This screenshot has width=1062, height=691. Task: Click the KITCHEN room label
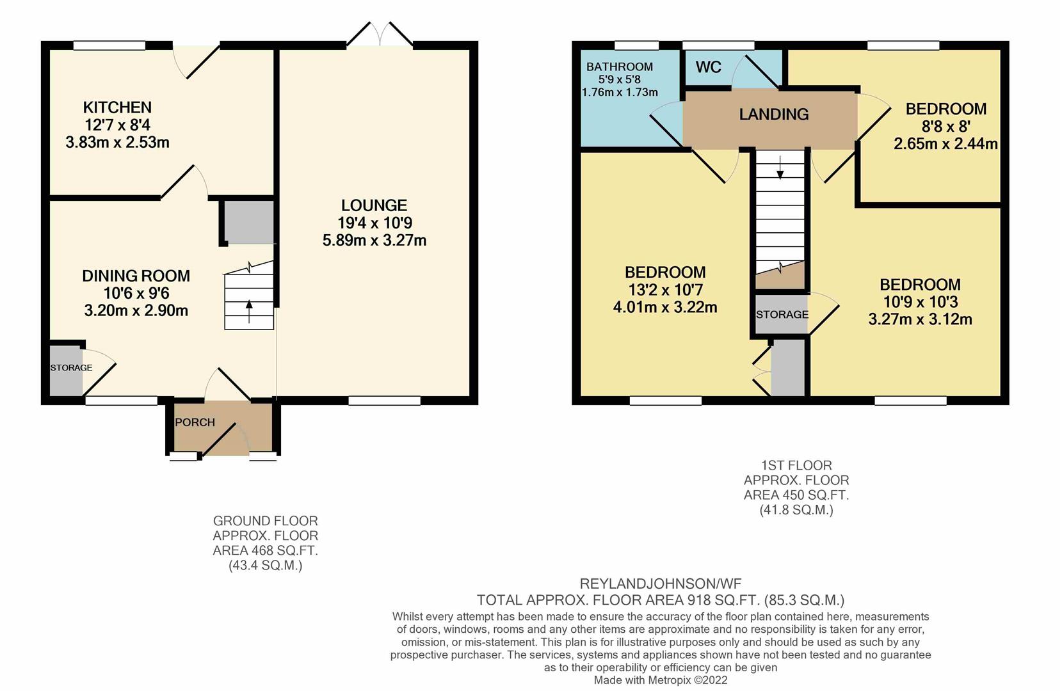117,107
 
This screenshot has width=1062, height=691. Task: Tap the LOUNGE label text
374,205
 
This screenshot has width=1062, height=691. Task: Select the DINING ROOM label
136,276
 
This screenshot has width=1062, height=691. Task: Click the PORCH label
195,422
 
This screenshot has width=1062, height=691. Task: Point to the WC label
708,67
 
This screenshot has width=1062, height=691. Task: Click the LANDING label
773,115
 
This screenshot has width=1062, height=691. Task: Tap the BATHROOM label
619,67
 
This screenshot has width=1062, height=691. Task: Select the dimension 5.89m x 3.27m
374,241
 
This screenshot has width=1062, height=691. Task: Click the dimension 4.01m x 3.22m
664,307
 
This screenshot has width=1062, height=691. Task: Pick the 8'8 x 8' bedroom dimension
945,127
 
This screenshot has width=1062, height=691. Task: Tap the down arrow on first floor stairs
780,170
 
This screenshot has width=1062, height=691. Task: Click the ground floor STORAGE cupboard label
71,368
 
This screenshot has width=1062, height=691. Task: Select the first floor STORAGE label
782,315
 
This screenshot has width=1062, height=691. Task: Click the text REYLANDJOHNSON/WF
660,584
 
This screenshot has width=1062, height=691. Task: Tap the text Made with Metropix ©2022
660,680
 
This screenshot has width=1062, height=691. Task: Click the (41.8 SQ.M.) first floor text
796,510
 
